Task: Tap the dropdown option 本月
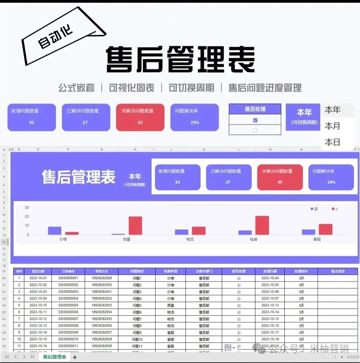(x=332, y=126)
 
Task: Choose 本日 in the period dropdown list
(x=332, y=143)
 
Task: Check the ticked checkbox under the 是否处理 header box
(x=255, y=120)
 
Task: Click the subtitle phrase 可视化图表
(x=132, y=88)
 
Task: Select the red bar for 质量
(x=135, y=226)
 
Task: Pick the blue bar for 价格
(x=55, y=231)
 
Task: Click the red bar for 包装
(x=262, y=225)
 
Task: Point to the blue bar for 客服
(x=308, y=232)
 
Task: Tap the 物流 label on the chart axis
(x=190, y=239)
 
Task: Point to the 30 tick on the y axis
(x=27, y=207)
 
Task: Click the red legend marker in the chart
(x=333, y=209)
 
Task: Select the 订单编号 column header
(x=68, y=271)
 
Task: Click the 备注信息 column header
(x=338, y=271)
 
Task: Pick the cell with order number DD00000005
(x=68, y=305)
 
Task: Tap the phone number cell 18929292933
(x=102, y=305)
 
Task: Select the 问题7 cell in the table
(x=137, y=319)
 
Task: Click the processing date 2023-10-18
(x=270, y=339)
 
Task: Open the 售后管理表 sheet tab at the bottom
(x=55, y=357)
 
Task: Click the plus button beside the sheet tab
(x=75, y=357)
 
